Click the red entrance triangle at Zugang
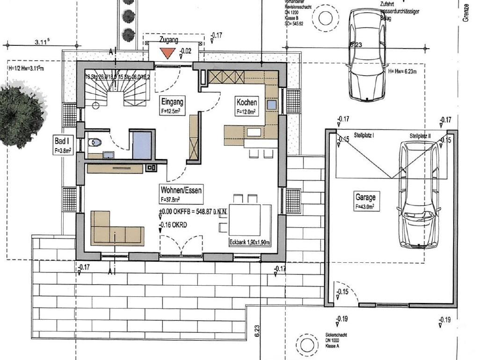[x=167, y=53]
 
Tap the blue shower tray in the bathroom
[x=142, y=145]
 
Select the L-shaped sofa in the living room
[x=115, y=229]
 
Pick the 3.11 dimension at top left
[x=43, y=42]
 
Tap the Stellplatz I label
[x=367, y=135]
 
